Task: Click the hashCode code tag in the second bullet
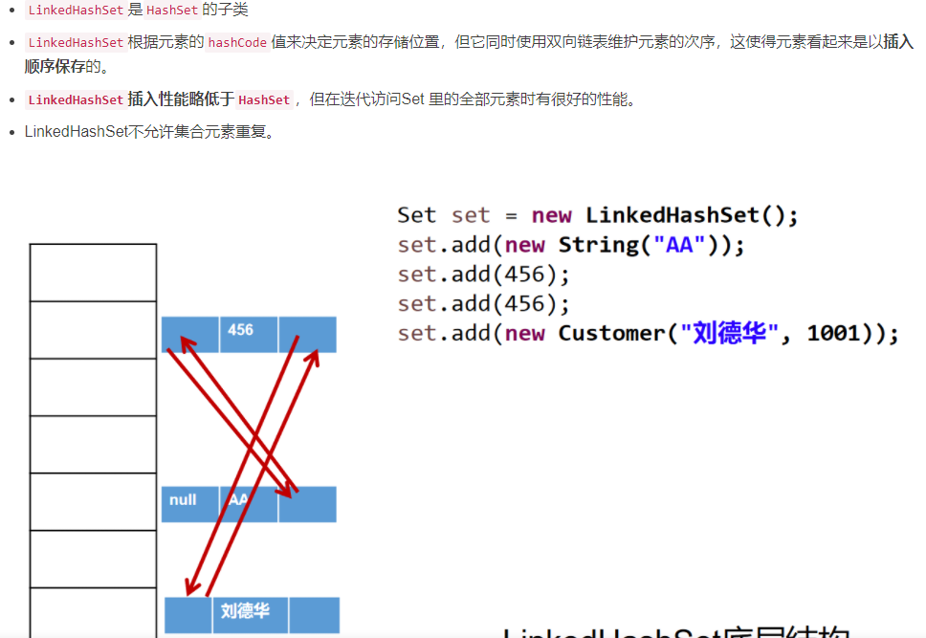tap(237, 42)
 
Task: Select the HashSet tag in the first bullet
tap(172, 10)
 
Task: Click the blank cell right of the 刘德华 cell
tap(314, 613)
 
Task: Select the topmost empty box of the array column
tap(93, 273)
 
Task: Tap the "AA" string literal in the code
tap(679, 245)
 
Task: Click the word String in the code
tap(598, 245)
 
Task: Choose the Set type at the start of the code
tap(416, 215)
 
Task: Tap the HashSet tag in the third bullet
tap(264, 99)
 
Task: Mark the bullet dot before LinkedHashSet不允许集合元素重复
tap(11, 132)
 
